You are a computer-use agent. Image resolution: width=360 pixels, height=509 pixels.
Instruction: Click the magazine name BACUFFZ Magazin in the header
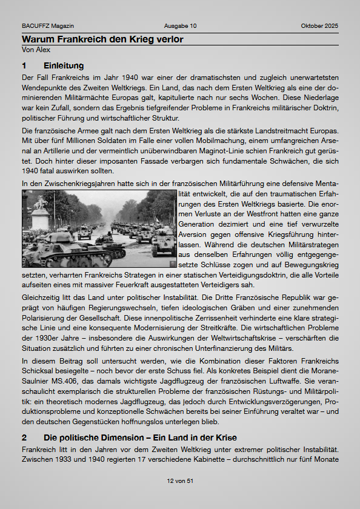point(48,26)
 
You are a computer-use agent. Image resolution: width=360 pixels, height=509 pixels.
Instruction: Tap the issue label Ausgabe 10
point(180,26)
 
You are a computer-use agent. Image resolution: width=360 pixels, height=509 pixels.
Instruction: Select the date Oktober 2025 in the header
point(319,26)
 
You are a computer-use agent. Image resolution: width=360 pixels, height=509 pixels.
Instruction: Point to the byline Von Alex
point(36,50)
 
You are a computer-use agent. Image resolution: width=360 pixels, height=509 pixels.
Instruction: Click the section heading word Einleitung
point(64,65)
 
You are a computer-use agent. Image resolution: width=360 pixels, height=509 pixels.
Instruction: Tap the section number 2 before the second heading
point(24,437)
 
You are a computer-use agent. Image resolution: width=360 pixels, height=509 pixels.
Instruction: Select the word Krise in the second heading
point(223,437)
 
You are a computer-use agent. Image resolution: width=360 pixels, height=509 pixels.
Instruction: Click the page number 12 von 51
point(180,481)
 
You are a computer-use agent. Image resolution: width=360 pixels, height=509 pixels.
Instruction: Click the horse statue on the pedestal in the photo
point(41,202)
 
